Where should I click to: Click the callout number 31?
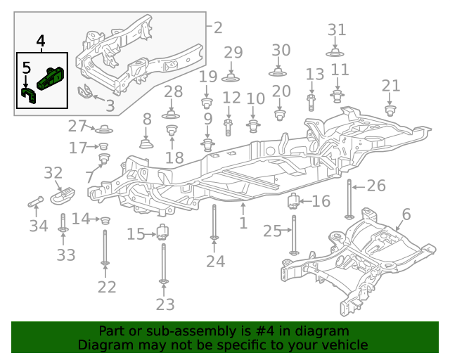point(337,30)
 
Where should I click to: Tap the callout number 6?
point(406,214)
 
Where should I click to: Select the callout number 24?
point(215,262)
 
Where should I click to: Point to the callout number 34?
point(39,226)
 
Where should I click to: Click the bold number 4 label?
point(41,42)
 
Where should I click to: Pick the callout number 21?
point(391,86)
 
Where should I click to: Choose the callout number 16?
point(321,202)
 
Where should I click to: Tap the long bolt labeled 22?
point(105,246)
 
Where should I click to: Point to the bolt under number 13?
point(311,101)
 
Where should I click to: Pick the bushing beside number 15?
point(164,232)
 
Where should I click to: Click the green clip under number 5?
point(29,94)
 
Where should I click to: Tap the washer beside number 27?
point(104,129)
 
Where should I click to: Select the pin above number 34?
point(36,203)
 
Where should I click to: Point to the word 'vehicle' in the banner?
point(345,345)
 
